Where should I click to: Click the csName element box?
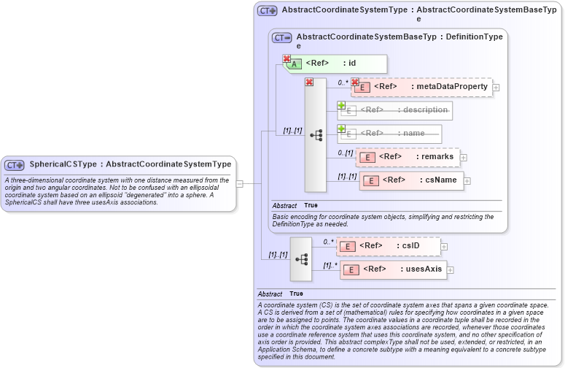click(x=411, y=180)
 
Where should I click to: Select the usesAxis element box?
click(x=393, y=269)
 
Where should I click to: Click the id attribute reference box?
click(x=335, y=64)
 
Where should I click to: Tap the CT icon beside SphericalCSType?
click(x=15, y=165)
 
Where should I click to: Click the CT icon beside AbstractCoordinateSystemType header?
click(x=267, y=11)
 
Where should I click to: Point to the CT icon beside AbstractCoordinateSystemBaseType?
click(x=281, y=37)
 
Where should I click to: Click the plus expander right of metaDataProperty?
click(x=496, y=88)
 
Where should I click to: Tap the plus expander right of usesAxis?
click(x=450, y=270)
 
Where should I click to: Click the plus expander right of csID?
click(x=444, y=247)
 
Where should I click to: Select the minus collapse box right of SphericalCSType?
click(x=239, y=184)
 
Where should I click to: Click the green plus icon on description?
click(x=341, y=105)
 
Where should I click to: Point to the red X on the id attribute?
click(x=287, y=58)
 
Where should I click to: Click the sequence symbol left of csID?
click(x=301, y=259)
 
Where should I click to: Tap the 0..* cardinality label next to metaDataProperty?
click(x=343, y=83)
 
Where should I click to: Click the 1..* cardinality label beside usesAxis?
click(x=330, y=265)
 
